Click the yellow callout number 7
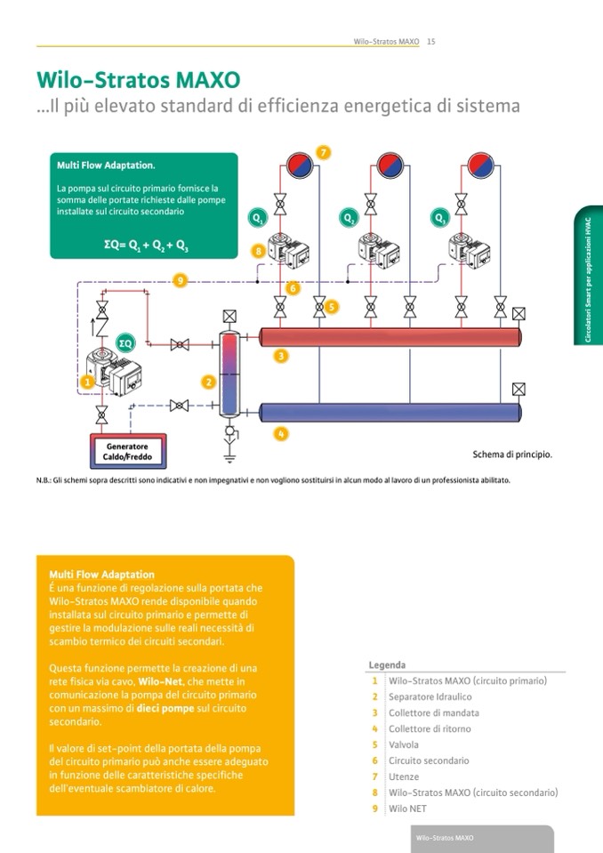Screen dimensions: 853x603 pyautogui.click(x=324, y=153)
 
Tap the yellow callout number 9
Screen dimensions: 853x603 pyautogui.click(x=181, y=281)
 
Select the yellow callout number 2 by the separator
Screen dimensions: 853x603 pyautogui.click(x=209, y=382)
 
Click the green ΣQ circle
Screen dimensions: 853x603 pyautogui.click(x=126, y=342)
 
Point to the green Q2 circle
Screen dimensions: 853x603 pyautogui.click(x=349, y=217)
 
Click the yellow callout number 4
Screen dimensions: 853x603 pyautogui.click(x=281, y=434)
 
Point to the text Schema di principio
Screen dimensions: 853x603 pyautogui.click(x=512, y=455)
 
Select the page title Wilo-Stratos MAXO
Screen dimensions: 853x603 pyautogui.click(x=138, y=80)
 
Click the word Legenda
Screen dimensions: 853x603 pyautogui.click(x=387, y=665)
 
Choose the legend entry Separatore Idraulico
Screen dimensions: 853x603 pyautogui.click(x=430, y=696)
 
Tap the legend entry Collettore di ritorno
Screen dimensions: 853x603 pyautogui.click(x=430, y=728)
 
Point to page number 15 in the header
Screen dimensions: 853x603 pyautogui.click(x=430, y=41)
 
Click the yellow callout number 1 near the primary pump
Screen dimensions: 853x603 pyautogui.click(x=87, y=382)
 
